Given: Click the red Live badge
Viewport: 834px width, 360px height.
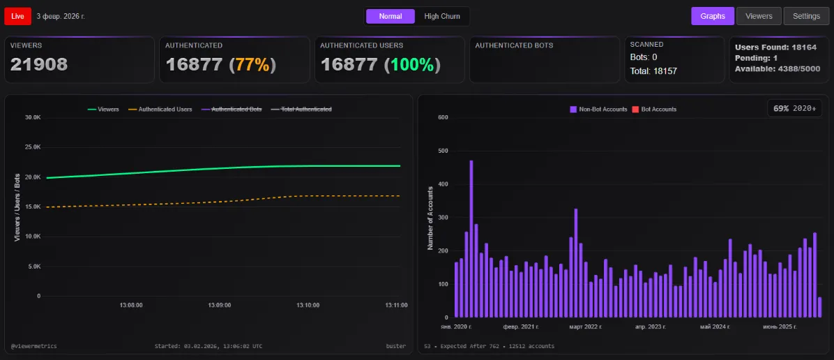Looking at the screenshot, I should tap(17, 15).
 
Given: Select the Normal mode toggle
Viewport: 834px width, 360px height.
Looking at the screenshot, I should tap(390, 16).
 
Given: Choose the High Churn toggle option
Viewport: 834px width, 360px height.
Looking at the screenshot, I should tap(441, 16).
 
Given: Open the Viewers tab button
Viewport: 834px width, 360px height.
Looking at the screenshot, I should tap(759, 16).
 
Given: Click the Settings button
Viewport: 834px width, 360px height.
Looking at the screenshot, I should tap(806, 16).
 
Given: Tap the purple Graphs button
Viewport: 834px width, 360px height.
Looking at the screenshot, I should tap(713, 16).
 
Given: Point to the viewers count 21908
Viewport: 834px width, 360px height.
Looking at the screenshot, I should tap(39, 65).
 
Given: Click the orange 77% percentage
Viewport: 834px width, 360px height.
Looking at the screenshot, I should tap(252, 65).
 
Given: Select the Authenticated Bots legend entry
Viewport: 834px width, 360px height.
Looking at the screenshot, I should tap(232, 110).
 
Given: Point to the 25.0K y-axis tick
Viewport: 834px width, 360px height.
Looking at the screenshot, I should tap(32, 147).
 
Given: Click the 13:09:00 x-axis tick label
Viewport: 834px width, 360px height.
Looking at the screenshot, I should tap(219, 306).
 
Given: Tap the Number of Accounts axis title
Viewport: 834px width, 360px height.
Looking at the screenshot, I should tap(430, 218).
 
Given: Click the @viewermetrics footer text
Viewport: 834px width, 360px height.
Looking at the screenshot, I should tap(34, 346).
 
